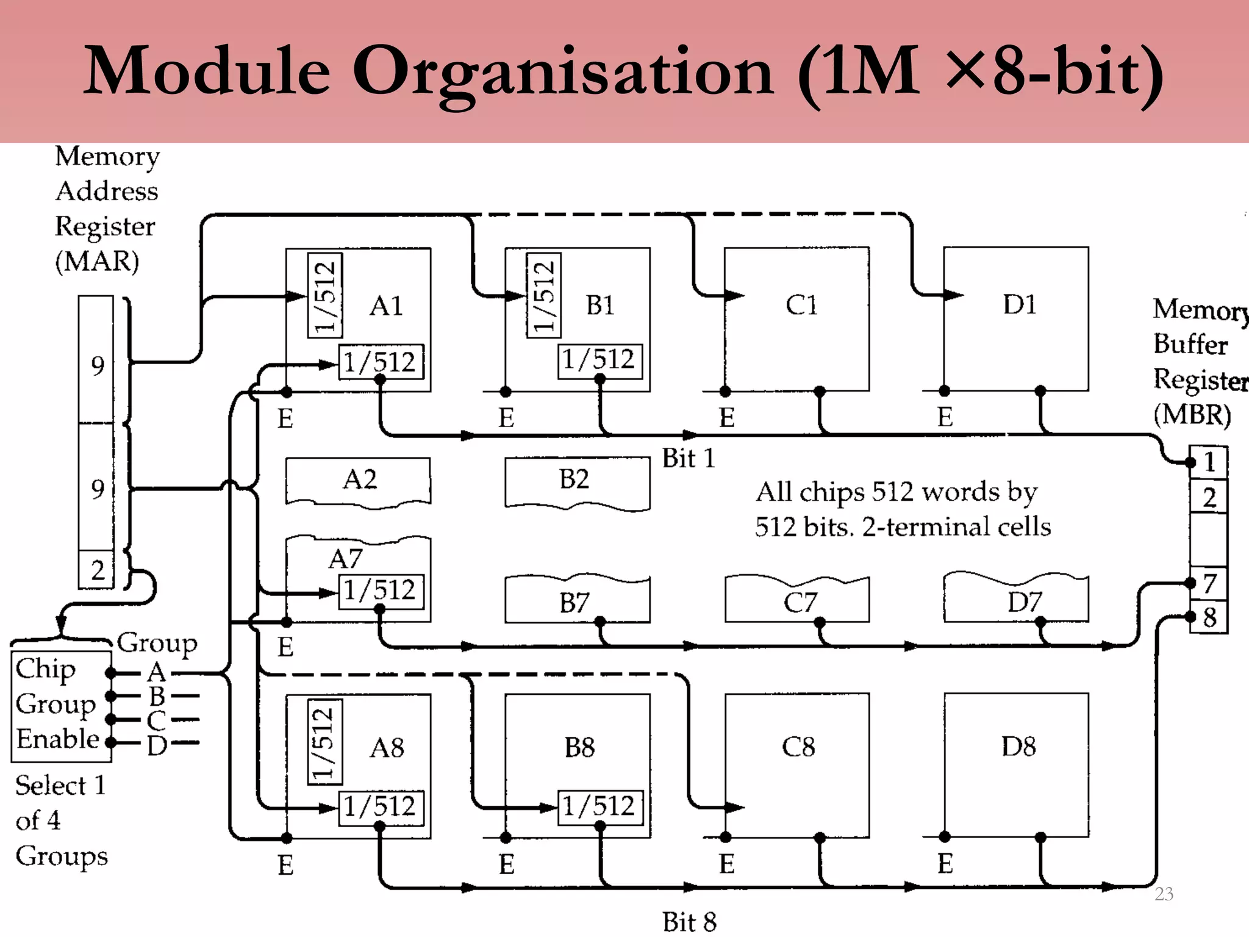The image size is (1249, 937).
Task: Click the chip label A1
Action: pos(386,306)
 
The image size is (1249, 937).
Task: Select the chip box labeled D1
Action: pos(1015,318)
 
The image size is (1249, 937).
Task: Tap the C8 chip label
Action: pos(798,747)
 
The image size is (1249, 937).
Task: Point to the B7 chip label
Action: pos(574,603)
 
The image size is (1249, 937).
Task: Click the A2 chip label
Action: pos(360,479)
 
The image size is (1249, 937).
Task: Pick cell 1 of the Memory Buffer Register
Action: pos(1209,462)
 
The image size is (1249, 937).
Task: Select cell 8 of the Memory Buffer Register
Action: pos(1209,617)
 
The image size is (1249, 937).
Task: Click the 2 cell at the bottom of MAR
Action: pos(97,570)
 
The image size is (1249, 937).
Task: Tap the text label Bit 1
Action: pos(688,458)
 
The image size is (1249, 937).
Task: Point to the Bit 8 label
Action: pos(689,922)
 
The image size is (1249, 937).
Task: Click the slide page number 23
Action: pos(1164,894)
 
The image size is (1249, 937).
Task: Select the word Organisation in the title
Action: pos(564,72)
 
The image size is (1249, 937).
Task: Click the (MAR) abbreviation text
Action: pos(97,262)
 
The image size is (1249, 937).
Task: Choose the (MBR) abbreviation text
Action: pos(1192,415)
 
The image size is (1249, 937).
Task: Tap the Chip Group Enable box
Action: pos(61,706)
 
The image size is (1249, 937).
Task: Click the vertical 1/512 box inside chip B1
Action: pos(543,295)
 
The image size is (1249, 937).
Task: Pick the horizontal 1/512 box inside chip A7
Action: pos(380,591)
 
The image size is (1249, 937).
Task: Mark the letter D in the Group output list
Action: pos(157,745)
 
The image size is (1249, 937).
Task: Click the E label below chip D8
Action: pos(945,864)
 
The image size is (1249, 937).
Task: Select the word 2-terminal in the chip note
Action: pos(918,527)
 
